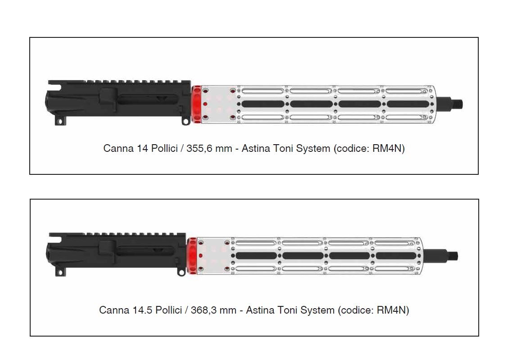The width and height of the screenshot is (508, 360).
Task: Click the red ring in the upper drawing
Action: (x=196, y=104)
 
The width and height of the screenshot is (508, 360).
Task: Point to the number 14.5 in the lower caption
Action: (x=143, y=310)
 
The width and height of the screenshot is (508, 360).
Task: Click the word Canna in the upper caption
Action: (x=118, y=149)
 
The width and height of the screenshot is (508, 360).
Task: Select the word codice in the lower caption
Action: (x=357, y=310)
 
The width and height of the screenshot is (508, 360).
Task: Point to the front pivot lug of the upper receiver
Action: (x=185, y=121)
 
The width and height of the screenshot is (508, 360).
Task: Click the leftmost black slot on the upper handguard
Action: (x=263, y=104)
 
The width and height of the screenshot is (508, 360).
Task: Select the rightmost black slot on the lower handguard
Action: (x=396, y=256)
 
